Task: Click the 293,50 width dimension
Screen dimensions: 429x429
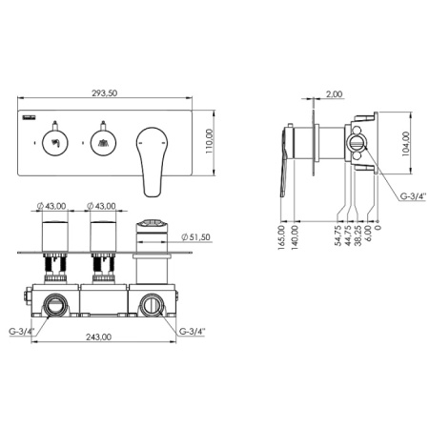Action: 105,93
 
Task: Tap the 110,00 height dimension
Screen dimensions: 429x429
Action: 209,141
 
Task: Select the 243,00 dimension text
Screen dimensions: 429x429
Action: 99,337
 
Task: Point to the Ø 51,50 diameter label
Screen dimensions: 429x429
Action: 195,237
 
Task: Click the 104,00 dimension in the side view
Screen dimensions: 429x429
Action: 406,144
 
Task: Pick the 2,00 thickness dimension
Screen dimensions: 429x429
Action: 335,94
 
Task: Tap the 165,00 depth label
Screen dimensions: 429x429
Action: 281,237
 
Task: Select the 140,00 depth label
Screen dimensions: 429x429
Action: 295,237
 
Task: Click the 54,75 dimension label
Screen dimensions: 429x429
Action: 338,235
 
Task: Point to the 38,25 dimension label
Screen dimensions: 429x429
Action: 358,235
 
